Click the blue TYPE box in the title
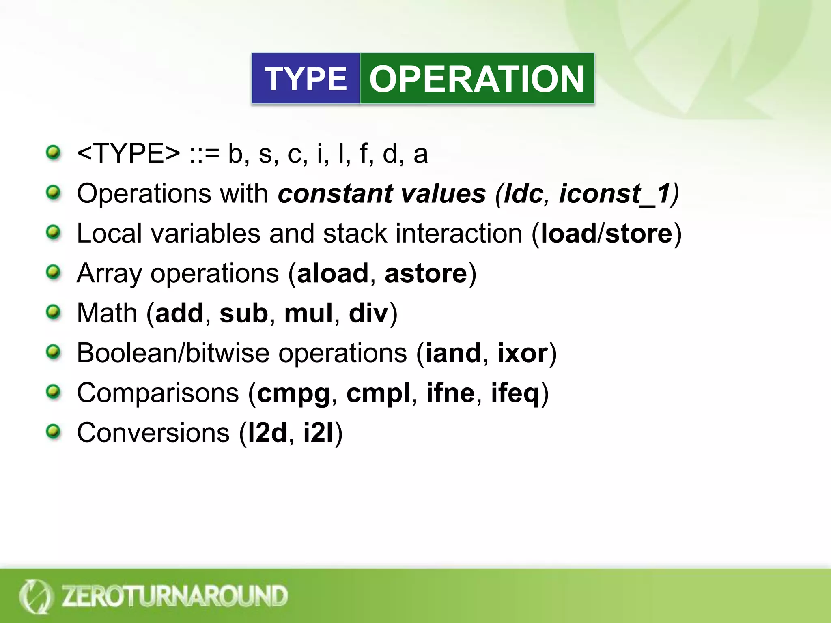306,79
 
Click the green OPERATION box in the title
477,79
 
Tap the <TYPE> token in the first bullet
128,154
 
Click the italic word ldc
523,193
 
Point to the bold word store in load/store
639,234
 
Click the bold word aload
333,273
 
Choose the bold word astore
426,273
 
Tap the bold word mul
308,313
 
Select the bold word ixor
523,353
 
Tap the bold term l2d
267,433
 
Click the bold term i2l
318,433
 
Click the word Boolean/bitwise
173,353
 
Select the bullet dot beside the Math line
53,313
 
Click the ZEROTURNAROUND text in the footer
174,596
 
